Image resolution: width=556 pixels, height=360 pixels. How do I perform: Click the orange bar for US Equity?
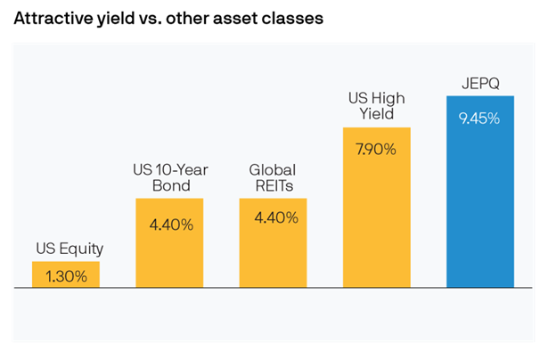tap(66, 274)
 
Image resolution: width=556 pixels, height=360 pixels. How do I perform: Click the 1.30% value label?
tap(66, 276)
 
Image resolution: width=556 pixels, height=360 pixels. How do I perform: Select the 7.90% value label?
tap(377, 149)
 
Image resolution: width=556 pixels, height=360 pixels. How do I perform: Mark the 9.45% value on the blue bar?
tap(479, 119)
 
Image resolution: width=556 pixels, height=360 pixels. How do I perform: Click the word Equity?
tap(81, 249)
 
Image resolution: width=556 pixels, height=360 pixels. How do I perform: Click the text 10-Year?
tap(180, 168)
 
